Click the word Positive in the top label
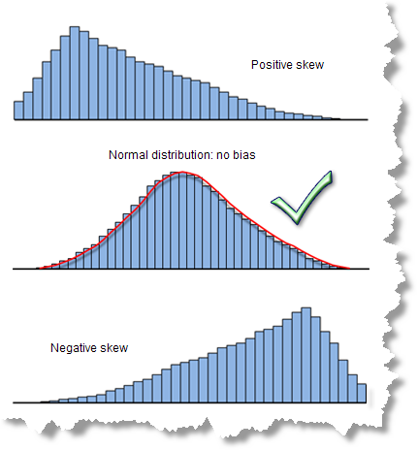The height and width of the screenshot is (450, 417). [x=272, y=65]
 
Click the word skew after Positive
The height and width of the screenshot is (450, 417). [x=309, y=65]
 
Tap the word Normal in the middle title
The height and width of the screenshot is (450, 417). [x=128, y=155]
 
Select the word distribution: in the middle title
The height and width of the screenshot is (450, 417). [x=182, y=155]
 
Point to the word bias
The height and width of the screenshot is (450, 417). [x=244, y=155]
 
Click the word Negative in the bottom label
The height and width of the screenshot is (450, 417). [x=74, y=348]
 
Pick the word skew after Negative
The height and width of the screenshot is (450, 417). [x=114, y=348]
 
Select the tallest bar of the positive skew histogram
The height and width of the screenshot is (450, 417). [x=75, y=73]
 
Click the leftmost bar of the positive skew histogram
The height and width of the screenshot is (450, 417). [x=18, y=111]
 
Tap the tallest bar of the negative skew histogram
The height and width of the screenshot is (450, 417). [x=306, y=355]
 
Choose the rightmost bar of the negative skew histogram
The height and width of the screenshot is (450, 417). [x=362, y=394]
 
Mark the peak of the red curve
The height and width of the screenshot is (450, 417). [x=182, y=172]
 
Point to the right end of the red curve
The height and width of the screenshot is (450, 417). [x=349, y=269]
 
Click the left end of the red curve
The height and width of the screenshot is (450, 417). [x=37, y=269]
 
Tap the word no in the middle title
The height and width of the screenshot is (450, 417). [x=223, y=156]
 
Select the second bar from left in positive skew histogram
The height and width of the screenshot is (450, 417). [x=28, y=106]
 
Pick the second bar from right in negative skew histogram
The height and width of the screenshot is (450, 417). [x=353, y=389]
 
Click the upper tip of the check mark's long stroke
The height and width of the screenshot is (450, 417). [x=331, y=172]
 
